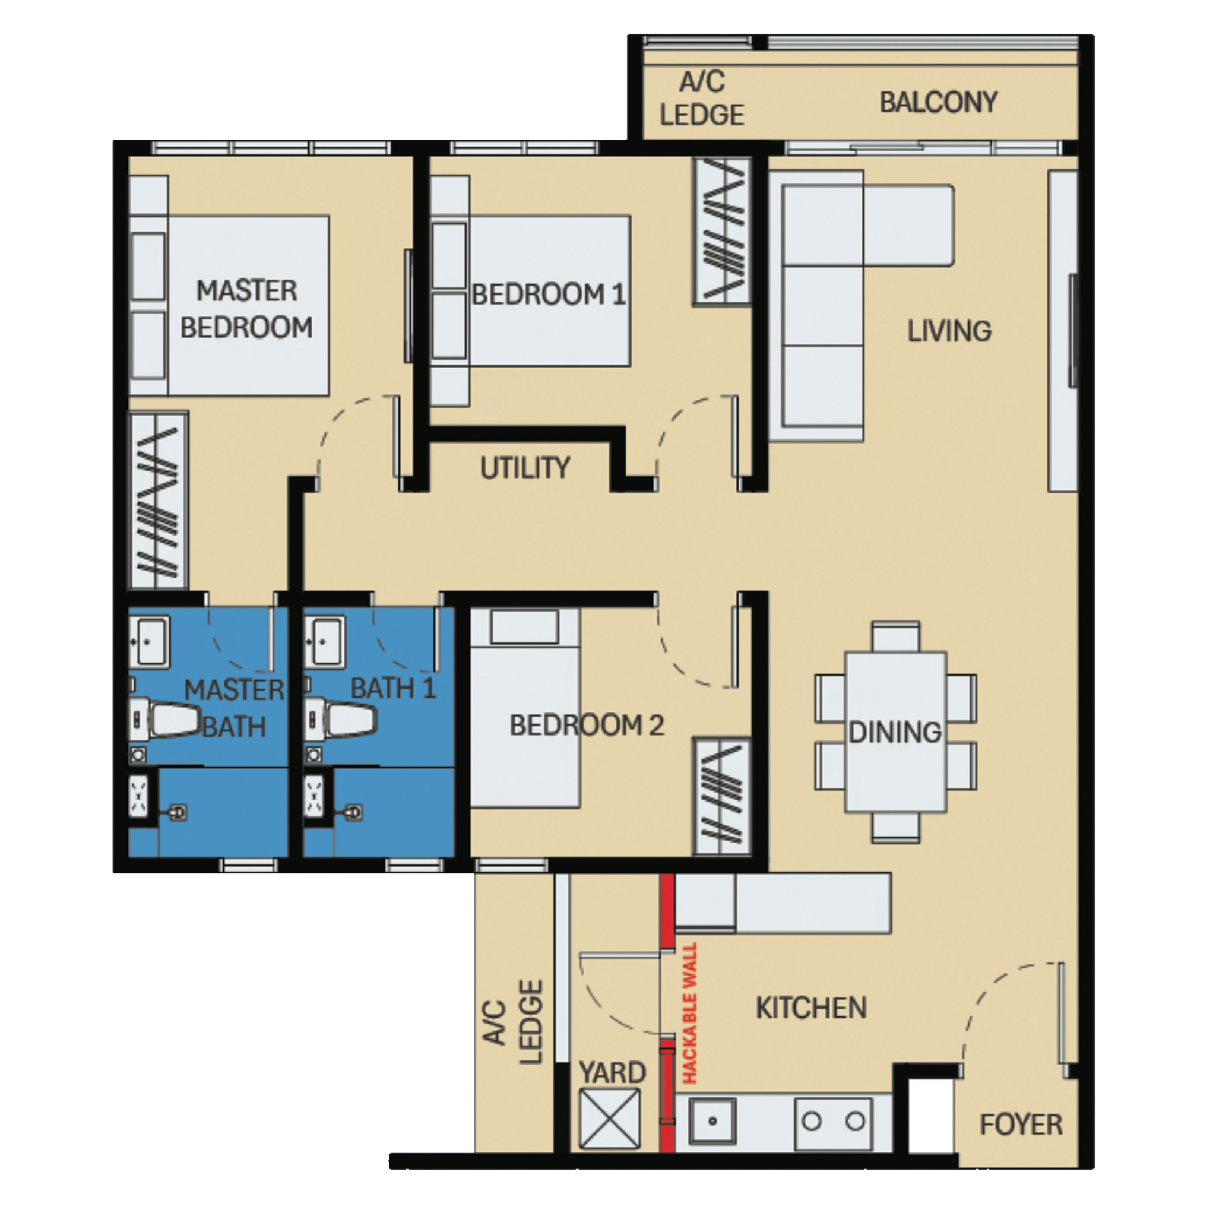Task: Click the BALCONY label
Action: pos(938,103)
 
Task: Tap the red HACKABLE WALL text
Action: pos(691,1013)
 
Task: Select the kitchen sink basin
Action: pos(712,1122)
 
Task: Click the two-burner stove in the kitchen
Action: pos(833,1122)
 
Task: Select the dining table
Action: pos(895,731)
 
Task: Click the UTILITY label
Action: pos(525,468)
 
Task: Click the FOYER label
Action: pos(1021,1125)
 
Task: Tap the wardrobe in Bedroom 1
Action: pos(723,231)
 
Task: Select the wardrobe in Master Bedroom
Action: pos(159,501)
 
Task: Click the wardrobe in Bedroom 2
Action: pos(723,796)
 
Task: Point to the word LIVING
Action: pos(949,331)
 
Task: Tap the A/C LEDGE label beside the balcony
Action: pos(701,99)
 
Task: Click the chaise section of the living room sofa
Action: pos(908,224)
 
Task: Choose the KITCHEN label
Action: pos(810,1008)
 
